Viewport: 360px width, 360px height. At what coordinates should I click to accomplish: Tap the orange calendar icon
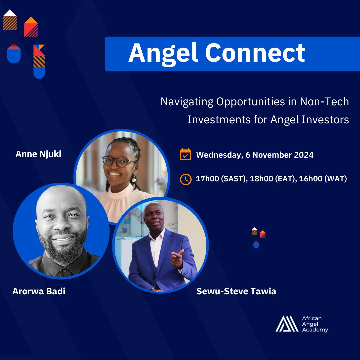(185, 155)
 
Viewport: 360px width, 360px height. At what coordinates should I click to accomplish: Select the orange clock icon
(185, 179)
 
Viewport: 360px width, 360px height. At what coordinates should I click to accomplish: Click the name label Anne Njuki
(38, 154)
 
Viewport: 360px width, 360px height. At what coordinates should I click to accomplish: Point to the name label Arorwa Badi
(39, 291)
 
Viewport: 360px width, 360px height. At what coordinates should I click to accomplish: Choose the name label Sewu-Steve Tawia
(236, 291)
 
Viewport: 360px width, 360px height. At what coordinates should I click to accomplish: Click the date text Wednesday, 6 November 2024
(255, 155)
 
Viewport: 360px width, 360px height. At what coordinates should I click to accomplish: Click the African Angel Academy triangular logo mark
(287, 324)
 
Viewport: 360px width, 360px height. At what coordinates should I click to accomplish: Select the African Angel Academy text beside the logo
(315, 324)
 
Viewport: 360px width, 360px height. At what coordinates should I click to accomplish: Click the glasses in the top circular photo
(119, 161)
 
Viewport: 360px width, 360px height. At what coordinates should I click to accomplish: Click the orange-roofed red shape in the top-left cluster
(31, 27)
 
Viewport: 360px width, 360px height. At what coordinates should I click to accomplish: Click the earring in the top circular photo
(134, 179)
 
